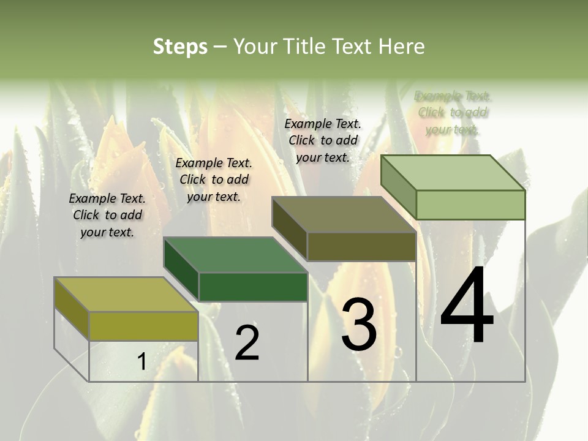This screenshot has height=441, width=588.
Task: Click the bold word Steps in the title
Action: pos(179,47)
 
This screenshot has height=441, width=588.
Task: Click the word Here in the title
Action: pos(401,47)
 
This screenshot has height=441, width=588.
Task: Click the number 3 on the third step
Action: pos(359,325)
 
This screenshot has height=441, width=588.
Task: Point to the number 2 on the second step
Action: pos(247,343)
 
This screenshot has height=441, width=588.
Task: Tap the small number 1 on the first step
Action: pos(141,362)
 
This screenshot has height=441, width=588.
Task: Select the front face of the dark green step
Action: pos(253,287)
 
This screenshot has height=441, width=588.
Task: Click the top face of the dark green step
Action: pos(235,254)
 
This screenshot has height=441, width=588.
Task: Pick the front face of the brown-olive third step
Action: pos(361,246)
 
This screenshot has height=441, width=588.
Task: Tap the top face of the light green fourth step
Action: pos(453,172)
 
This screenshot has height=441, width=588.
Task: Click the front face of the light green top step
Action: pos(470,205)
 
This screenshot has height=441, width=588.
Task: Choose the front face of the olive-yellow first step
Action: pos(143,326)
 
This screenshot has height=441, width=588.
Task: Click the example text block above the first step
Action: pos(107,215)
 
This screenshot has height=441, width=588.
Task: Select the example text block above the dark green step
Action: pos(214,179)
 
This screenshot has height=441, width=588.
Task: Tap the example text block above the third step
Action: pos(323,140)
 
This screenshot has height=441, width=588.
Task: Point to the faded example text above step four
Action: pos(453,113)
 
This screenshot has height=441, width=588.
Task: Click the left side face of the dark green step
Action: pos(181,269)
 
